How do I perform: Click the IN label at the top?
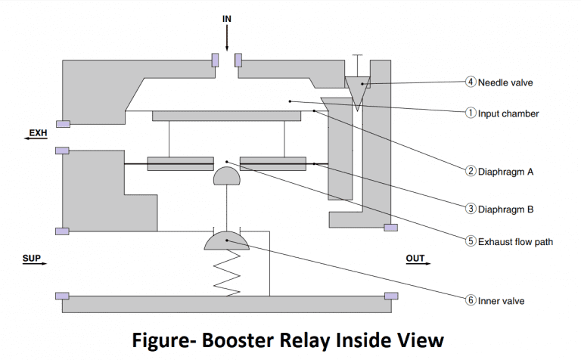[227, 17]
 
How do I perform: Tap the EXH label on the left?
[38, 134]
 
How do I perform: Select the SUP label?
[33, 259]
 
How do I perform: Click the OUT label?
[415, 259]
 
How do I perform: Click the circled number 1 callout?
[470, 113]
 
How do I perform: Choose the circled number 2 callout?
[470, 172]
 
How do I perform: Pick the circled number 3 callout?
[470, 206]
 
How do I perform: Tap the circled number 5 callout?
[470, 242]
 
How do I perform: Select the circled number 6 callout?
[470, 300]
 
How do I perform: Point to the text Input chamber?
[508, 113]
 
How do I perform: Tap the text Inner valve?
[501, 300]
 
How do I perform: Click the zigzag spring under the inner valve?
[227, 272]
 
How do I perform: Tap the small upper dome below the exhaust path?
[227, 176]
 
